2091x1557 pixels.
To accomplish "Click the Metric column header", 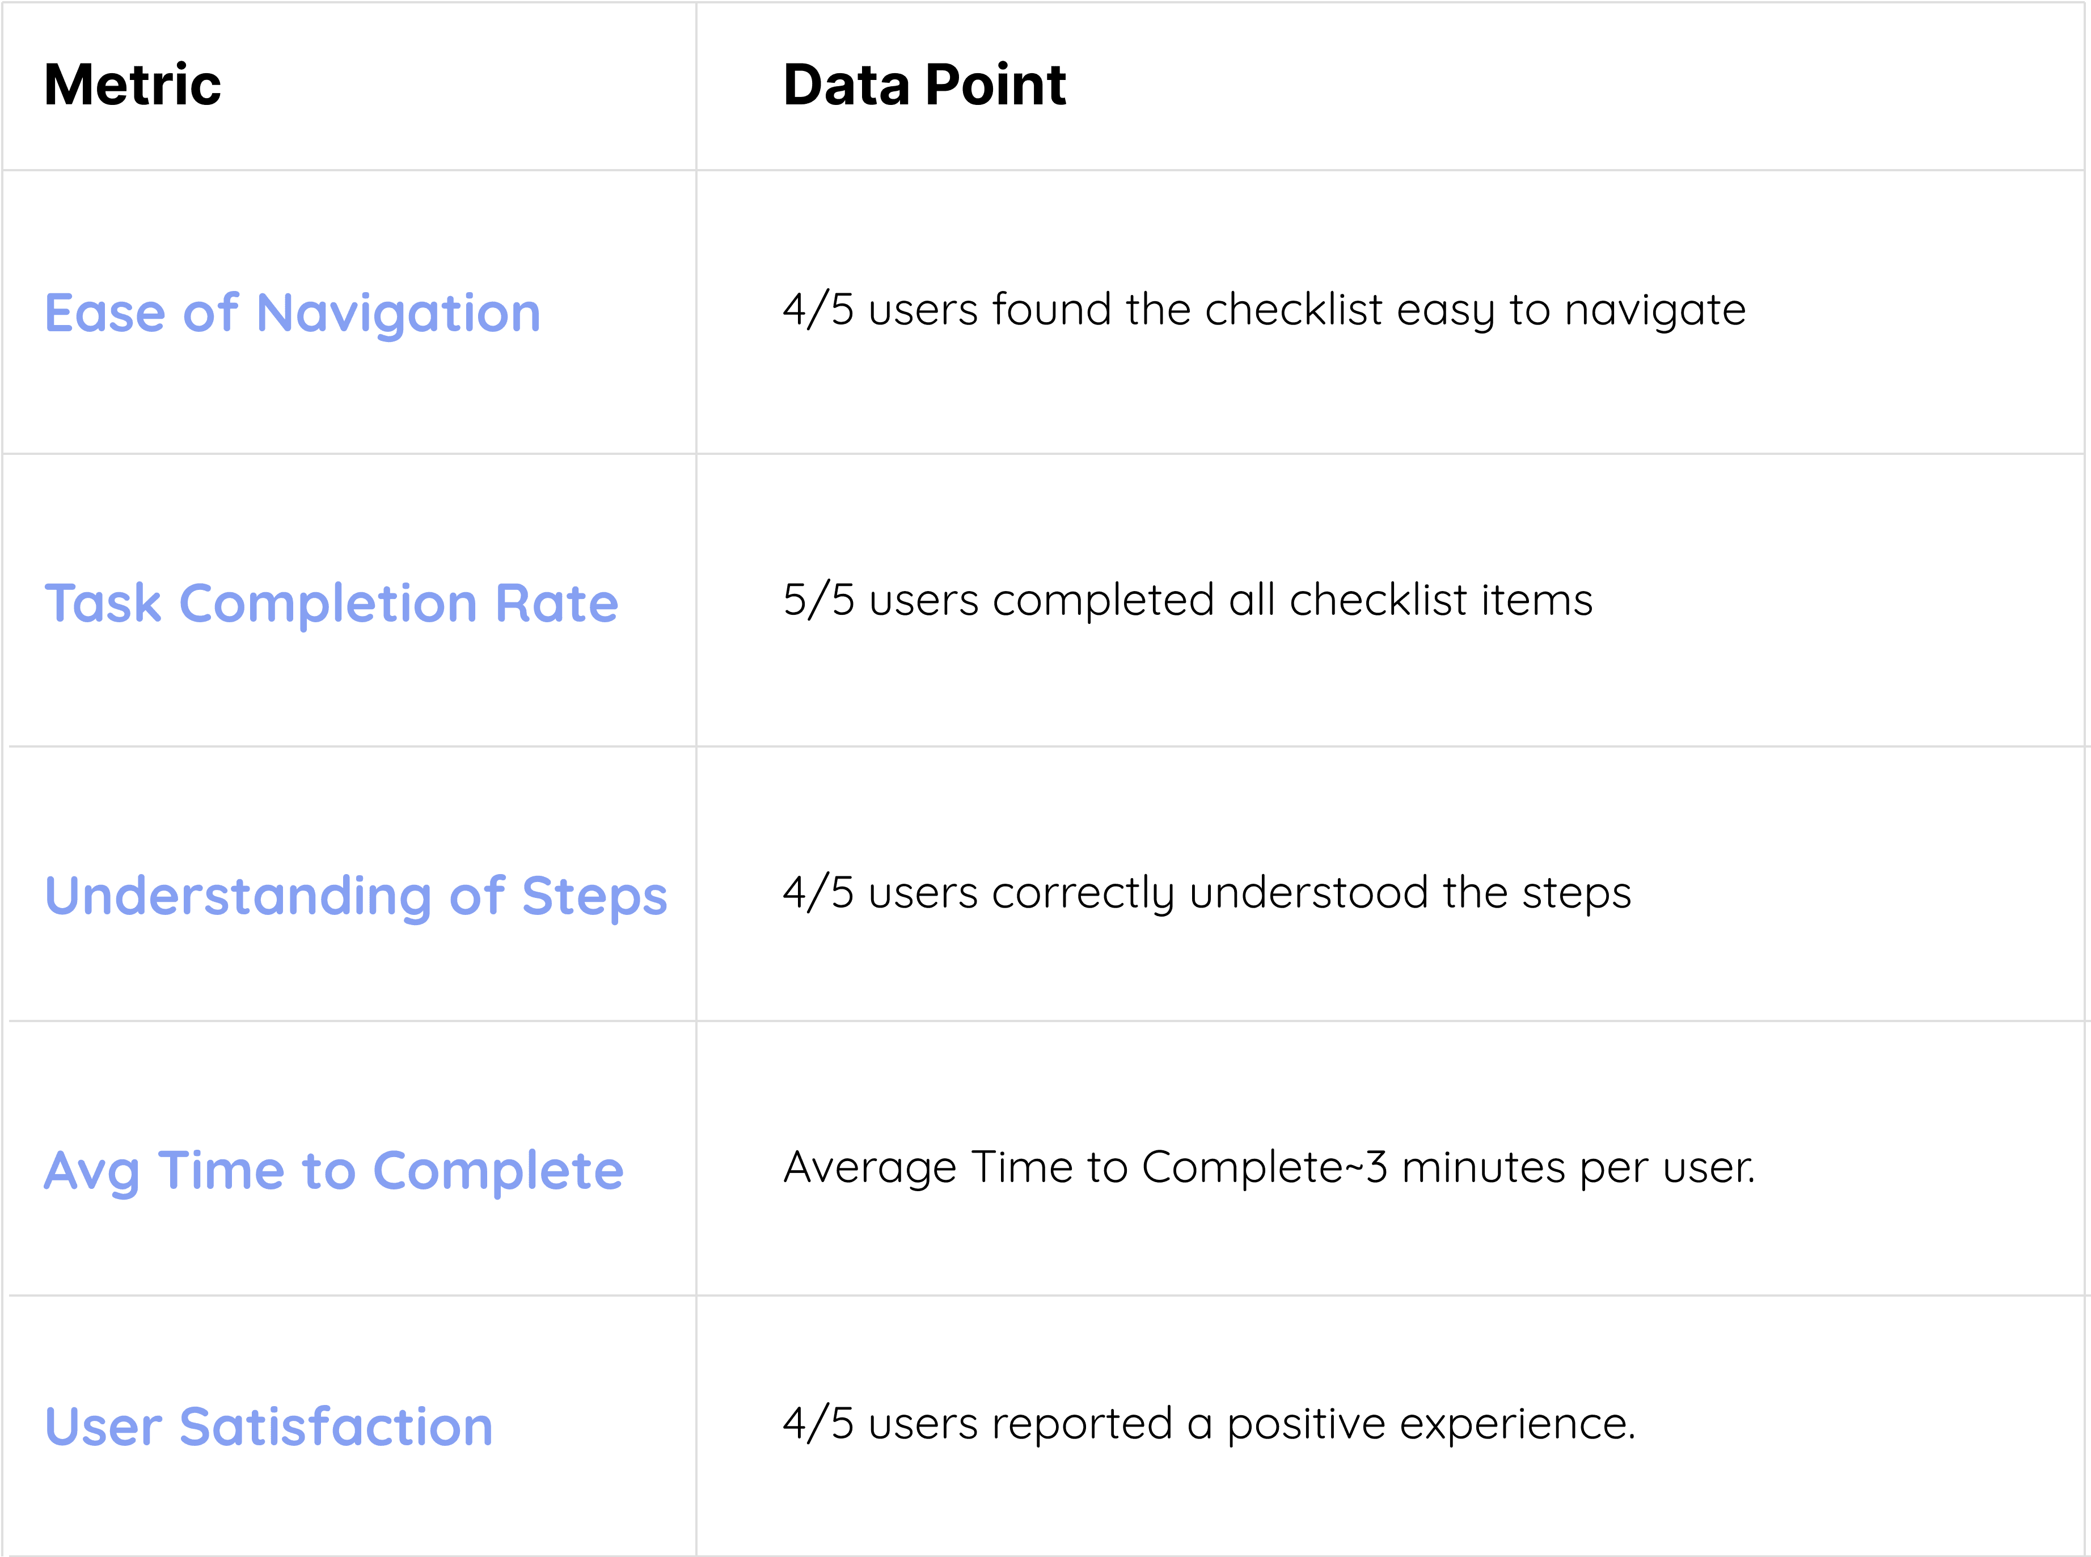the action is [x=133, y=86].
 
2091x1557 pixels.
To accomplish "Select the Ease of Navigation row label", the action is [x=292, y=313].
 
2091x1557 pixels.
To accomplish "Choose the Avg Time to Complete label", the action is [x=333, y=1171].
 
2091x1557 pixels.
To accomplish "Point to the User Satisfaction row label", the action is [x=269, y=1426].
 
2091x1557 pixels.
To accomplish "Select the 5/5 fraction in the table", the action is [x=818, y=600].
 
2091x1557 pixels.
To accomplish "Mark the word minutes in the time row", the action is [x=1483, y=1168].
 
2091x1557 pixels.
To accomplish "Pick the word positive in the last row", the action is [x=1305, y=1425].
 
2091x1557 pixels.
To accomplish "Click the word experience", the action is [x=1515, y=1425].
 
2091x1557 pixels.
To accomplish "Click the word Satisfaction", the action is [x=336, y=1426].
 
